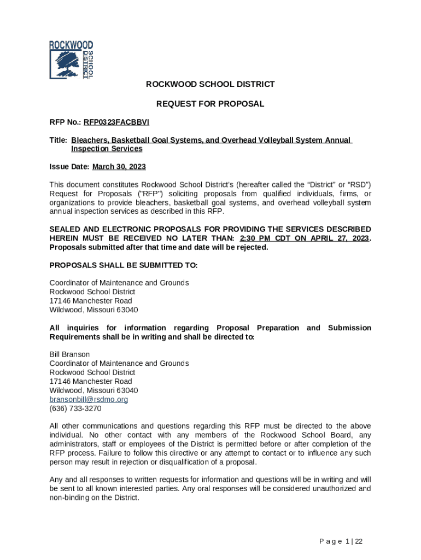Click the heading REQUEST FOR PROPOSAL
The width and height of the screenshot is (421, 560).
(x=210, y=104)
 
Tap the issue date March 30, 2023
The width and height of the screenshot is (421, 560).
(x=119, y=167)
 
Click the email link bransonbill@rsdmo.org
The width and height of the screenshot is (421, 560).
(x=89, y=399)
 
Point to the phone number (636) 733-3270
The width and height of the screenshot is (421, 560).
(x=75, y=409)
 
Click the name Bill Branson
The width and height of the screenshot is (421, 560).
(x=69, y=354)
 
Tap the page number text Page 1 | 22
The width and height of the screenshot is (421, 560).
(x=341, y=541)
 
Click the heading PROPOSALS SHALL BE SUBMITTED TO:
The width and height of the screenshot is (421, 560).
(x=124, y=265)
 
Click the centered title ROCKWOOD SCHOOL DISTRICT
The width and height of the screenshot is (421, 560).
(x=210, y=85)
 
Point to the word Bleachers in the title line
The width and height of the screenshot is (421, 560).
(x=90, y=141)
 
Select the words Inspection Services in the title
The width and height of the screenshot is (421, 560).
(x=107, y=149)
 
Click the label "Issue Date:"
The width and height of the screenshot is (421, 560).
(x=69, y=167)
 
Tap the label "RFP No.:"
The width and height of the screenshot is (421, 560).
(x=65, y=122)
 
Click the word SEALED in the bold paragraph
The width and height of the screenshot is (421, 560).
(x=65, y=229)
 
